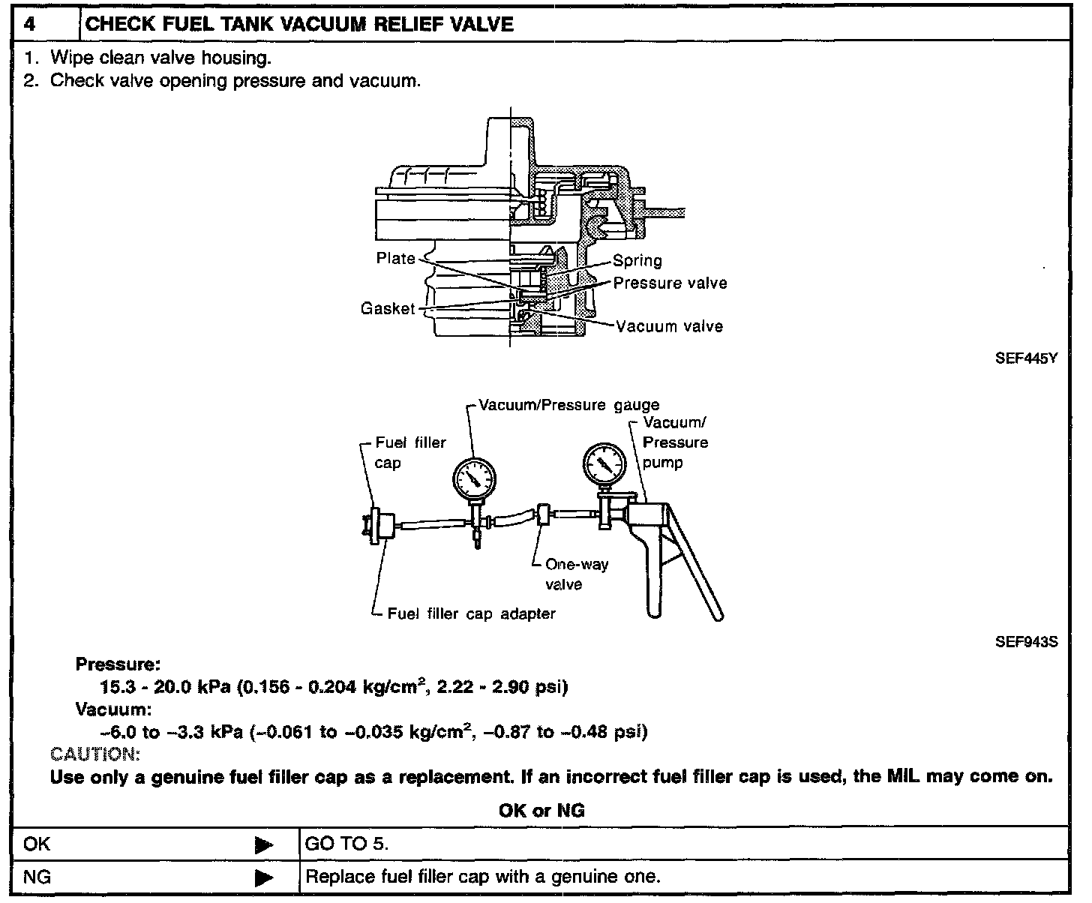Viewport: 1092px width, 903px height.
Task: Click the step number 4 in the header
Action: (x=29, y=24)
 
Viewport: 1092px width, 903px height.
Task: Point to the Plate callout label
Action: (x=395, y=259)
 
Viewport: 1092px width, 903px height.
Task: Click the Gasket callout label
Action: (x=387, y=309)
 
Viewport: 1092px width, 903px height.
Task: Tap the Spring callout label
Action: (x=637, y=261)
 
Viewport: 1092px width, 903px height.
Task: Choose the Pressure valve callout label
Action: (x=670, y=283)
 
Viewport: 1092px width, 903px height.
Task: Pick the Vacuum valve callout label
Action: (x=669, y=326)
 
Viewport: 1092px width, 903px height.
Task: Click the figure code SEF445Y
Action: (x=1026, y=358)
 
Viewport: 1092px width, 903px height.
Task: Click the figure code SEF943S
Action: (x=1026, y=643)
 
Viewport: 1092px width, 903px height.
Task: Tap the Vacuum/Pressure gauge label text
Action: (x=569, y=405)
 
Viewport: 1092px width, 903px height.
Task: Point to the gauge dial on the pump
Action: (x=604, y=465)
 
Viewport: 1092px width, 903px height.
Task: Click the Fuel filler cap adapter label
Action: (x=471, y=614)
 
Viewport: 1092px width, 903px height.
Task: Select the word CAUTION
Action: (x=94, y=754)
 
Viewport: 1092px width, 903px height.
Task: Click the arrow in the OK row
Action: (x=263, y=846)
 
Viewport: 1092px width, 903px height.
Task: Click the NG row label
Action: (x=37, y=877)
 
